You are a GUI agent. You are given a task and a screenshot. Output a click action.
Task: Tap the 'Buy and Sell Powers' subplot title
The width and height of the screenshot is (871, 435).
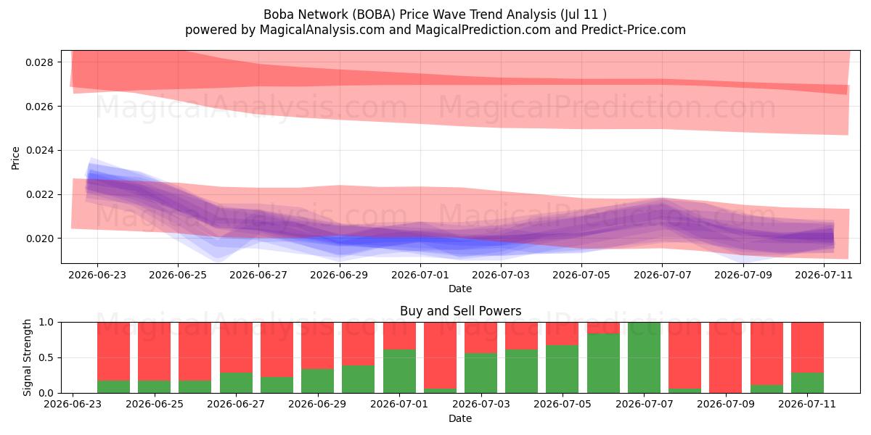pos(460,311)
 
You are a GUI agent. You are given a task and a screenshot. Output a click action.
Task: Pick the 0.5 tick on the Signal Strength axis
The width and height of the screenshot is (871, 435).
pos(46,357)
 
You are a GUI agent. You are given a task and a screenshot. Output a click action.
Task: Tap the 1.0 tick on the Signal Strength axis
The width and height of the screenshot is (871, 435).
pos(46,323)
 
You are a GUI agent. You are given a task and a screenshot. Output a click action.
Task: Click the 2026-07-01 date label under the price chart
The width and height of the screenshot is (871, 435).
pos(420,275)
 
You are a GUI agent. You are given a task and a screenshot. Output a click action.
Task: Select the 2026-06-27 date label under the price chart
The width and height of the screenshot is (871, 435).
pos(258,275)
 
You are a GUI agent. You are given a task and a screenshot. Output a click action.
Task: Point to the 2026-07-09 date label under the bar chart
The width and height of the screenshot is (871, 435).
pos(726,405)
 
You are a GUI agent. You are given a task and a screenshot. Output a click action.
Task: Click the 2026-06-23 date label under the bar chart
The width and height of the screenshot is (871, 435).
pos(73,405)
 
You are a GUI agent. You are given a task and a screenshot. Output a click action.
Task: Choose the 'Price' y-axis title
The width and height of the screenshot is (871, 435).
pos(15,158)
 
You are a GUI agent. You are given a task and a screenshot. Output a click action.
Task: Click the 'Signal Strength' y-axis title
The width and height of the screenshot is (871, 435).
pos(27,357)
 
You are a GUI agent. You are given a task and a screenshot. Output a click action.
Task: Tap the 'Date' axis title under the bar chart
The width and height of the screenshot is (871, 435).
pos(460,419)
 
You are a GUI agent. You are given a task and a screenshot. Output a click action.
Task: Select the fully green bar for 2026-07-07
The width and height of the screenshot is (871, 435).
pos(644,357)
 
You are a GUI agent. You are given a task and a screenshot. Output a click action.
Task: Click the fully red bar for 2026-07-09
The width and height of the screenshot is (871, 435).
pos(726,357)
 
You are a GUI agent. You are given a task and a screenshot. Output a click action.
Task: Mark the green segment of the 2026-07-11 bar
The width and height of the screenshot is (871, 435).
pos(807,383)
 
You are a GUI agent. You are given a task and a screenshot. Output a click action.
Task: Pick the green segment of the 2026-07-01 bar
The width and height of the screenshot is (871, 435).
pos(399,371)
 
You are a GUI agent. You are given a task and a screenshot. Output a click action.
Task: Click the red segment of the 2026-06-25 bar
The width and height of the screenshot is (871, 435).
pos(155,352)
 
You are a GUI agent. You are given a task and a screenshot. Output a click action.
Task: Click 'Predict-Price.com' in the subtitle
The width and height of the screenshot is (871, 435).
pos(634,30)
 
